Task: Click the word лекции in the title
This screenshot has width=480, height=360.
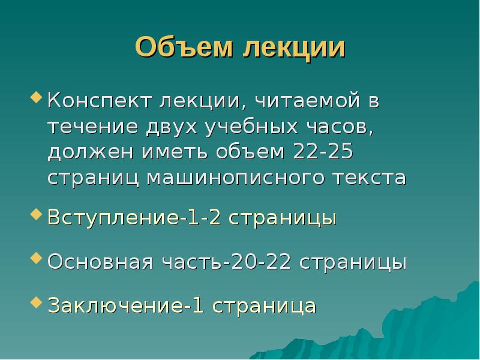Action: pos(294,48)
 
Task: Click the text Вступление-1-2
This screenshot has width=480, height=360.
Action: pos(129,217)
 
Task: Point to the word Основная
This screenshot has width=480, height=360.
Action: pos(101,262)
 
